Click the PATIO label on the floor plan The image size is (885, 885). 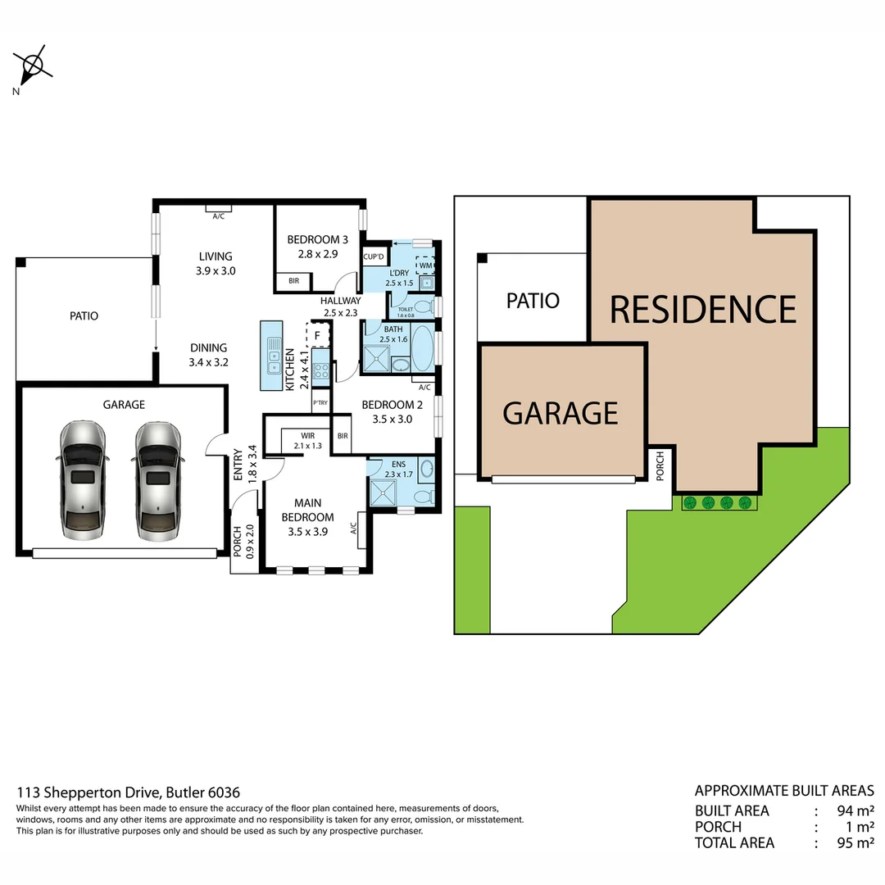(84, 315)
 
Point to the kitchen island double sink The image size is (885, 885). (272, 355)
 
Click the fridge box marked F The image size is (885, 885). (318, 335)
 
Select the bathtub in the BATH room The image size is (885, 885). (423, 349)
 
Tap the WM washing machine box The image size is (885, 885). (426, 265)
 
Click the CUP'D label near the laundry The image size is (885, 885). (374, 256)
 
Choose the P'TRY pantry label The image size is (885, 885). (320, 403)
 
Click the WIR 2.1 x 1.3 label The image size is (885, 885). (308, 441)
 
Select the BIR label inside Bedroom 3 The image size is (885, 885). (293, 281)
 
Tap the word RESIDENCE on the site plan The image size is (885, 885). (703, 310)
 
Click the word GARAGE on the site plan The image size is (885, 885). (560, 413)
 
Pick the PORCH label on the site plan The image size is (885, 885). (661, 467)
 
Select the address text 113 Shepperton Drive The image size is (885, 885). (90, 792)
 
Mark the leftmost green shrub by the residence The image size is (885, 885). (690, 502)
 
